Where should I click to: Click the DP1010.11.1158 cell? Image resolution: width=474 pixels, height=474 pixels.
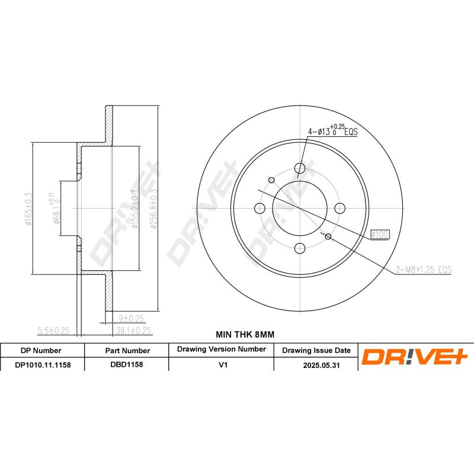(x=43, y=365)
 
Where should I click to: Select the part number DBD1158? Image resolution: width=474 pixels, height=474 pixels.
(x=126, y=364)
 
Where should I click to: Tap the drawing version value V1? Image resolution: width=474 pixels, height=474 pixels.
(x=223, y=365)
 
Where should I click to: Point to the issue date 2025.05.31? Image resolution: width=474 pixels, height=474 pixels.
(x=321, y=365)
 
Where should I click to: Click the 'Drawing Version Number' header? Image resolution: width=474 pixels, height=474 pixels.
(x=221, y=349)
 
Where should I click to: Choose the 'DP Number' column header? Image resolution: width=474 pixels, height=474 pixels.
(x=41, y=351)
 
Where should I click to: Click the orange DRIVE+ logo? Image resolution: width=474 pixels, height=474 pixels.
(x=415, y=356)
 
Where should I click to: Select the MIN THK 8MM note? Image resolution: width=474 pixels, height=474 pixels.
(x=245, y=334)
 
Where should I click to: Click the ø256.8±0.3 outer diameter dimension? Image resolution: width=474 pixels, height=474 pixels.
(x=154, y=209)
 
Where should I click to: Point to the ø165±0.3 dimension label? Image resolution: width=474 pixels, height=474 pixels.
(x=28, y=209)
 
